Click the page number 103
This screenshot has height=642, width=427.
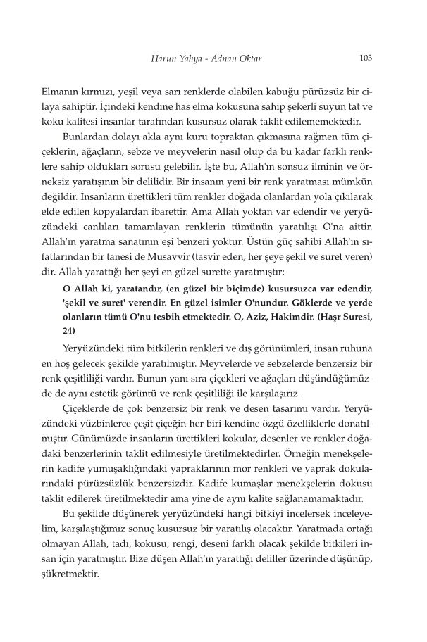(365, 58)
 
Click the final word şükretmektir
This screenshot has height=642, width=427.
(82, 574)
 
